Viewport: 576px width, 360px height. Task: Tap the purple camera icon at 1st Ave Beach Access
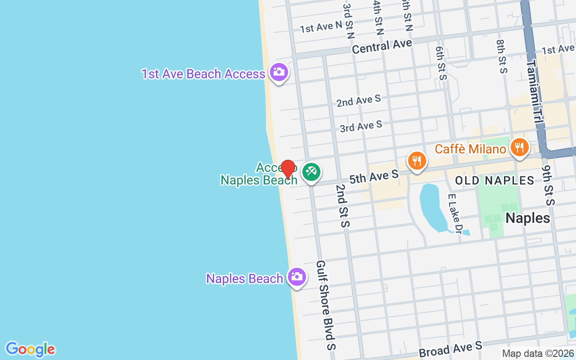(x=279, y=72)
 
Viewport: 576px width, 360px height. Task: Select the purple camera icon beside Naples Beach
(x=297, y=277)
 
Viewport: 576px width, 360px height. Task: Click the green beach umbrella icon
(x=311, y=171)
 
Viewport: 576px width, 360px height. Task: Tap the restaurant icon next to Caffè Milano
(x=519, y=147)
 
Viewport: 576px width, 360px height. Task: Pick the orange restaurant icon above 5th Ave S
(x=417, y=160)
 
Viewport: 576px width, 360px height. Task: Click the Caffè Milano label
(x=470, y=148)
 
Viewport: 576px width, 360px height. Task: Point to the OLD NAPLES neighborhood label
(x=495, y=181)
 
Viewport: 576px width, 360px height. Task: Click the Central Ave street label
(x=382, y=46)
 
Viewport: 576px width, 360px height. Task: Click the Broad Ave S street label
(x=450, y=349)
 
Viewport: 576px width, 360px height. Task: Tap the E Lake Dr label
(x=455, y=214)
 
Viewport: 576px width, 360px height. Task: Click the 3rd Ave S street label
(x=361, y=126)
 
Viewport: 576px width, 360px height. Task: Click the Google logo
(x=30, y=349)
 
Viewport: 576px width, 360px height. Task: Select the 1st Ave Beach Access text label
(x=203, y=74)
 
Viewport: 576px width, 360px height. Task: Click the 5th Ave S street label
(x=373, y=176)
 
